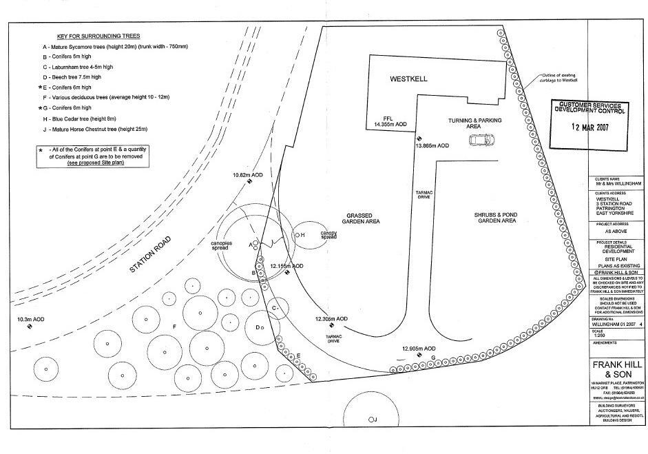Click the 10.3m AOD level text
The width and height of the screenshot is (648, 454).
(30, 319)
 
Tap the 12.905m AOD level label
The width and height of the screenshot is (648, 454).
(419, 349)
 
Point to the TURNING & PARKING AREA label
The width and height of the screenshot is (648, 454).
(475, 123)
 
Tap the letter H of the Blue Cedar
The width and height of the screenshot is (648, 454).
(302, 235)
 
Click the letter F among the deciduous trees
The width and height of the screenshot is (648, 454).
(175, 324)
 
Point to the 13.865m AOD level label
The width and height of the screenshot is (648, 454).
(432, 146)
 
